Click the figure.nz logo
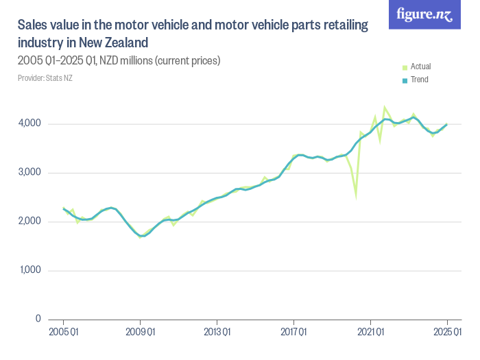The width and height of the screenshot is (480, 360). [x=425, y=14]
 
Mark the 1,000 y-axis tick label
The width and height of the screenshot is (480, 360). [x=29, y=270]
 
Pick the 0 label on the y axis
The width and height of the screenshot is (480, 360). [x=38, y=320]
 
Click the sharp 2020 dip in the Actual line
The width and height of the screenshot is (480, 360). [x=356, y=197]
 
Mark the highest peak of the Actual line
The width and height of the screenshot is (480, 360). [x=385, y=107]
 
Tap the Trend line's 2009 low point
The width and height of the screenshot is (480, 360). [x=141, y=236]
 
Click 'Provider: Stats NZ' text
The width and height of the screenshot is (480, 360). [x=45, y=78]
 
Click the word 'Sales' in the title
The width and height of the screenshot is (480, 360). [x=33, y=25]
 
